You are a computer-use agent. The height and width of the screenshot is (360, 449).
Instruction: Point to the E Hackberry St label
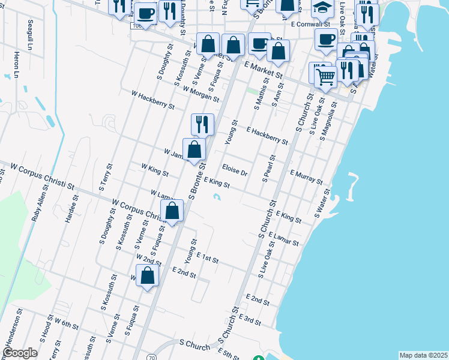[x=267, y=136]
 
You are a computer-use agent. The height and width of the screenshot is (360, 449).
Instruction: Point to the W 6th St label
[x=67, y=325]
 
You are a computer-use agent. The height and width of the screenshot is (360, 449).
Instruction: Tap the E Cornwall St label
[x=310, y=25]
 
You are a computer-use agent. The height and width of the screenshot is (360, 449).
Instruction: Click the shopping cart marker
[x=326, y=76]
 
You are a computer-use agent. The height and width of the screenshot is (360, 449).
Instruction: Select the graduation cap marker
[x=322, y=8]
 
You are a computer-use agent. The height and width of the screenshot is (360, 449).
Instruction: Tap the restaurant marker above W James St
[x=202, y=124]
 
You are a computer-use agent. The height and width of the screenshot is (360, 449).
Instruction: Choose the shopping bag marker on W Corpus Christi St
[x=172, y=211]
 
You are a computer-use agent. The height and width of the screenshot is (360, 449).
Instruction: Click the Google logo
[x=20, y=353]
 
